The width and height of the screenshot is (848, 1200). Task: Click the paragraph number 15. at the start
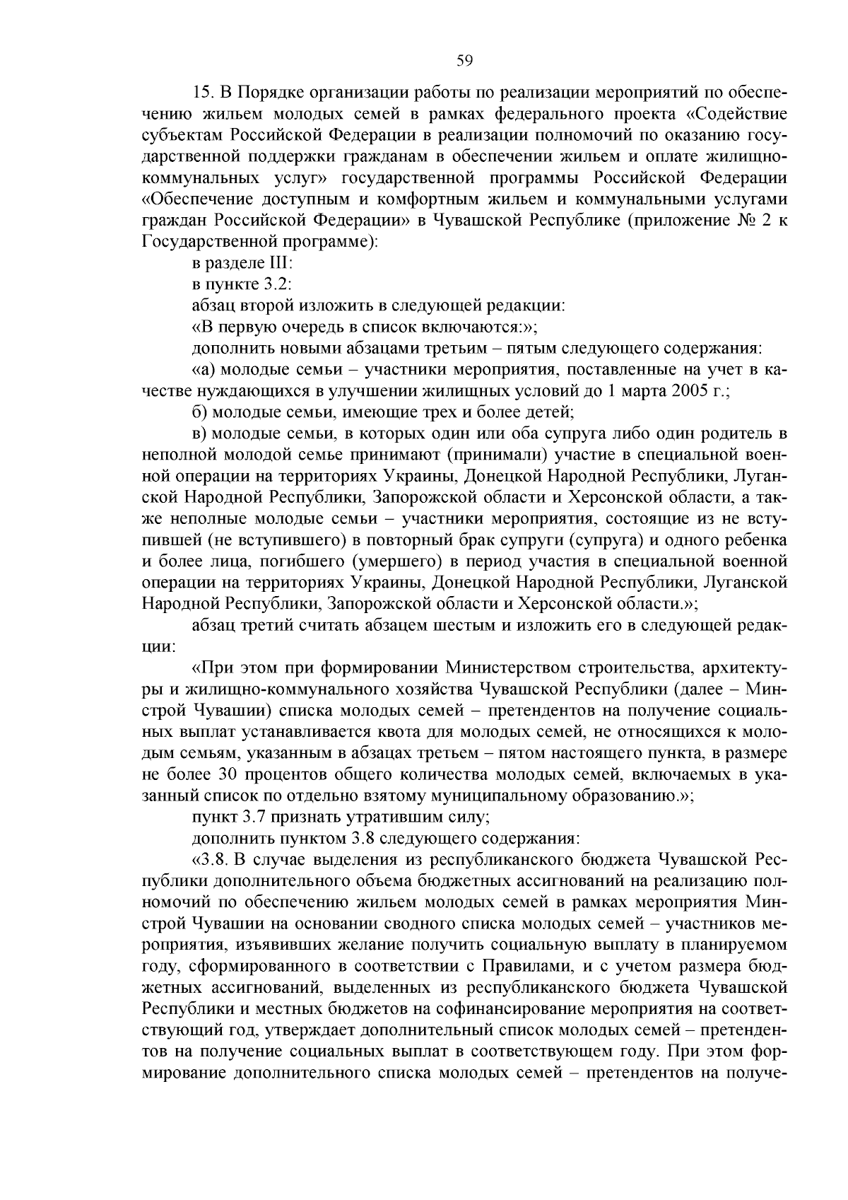(x=204, y=93)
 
